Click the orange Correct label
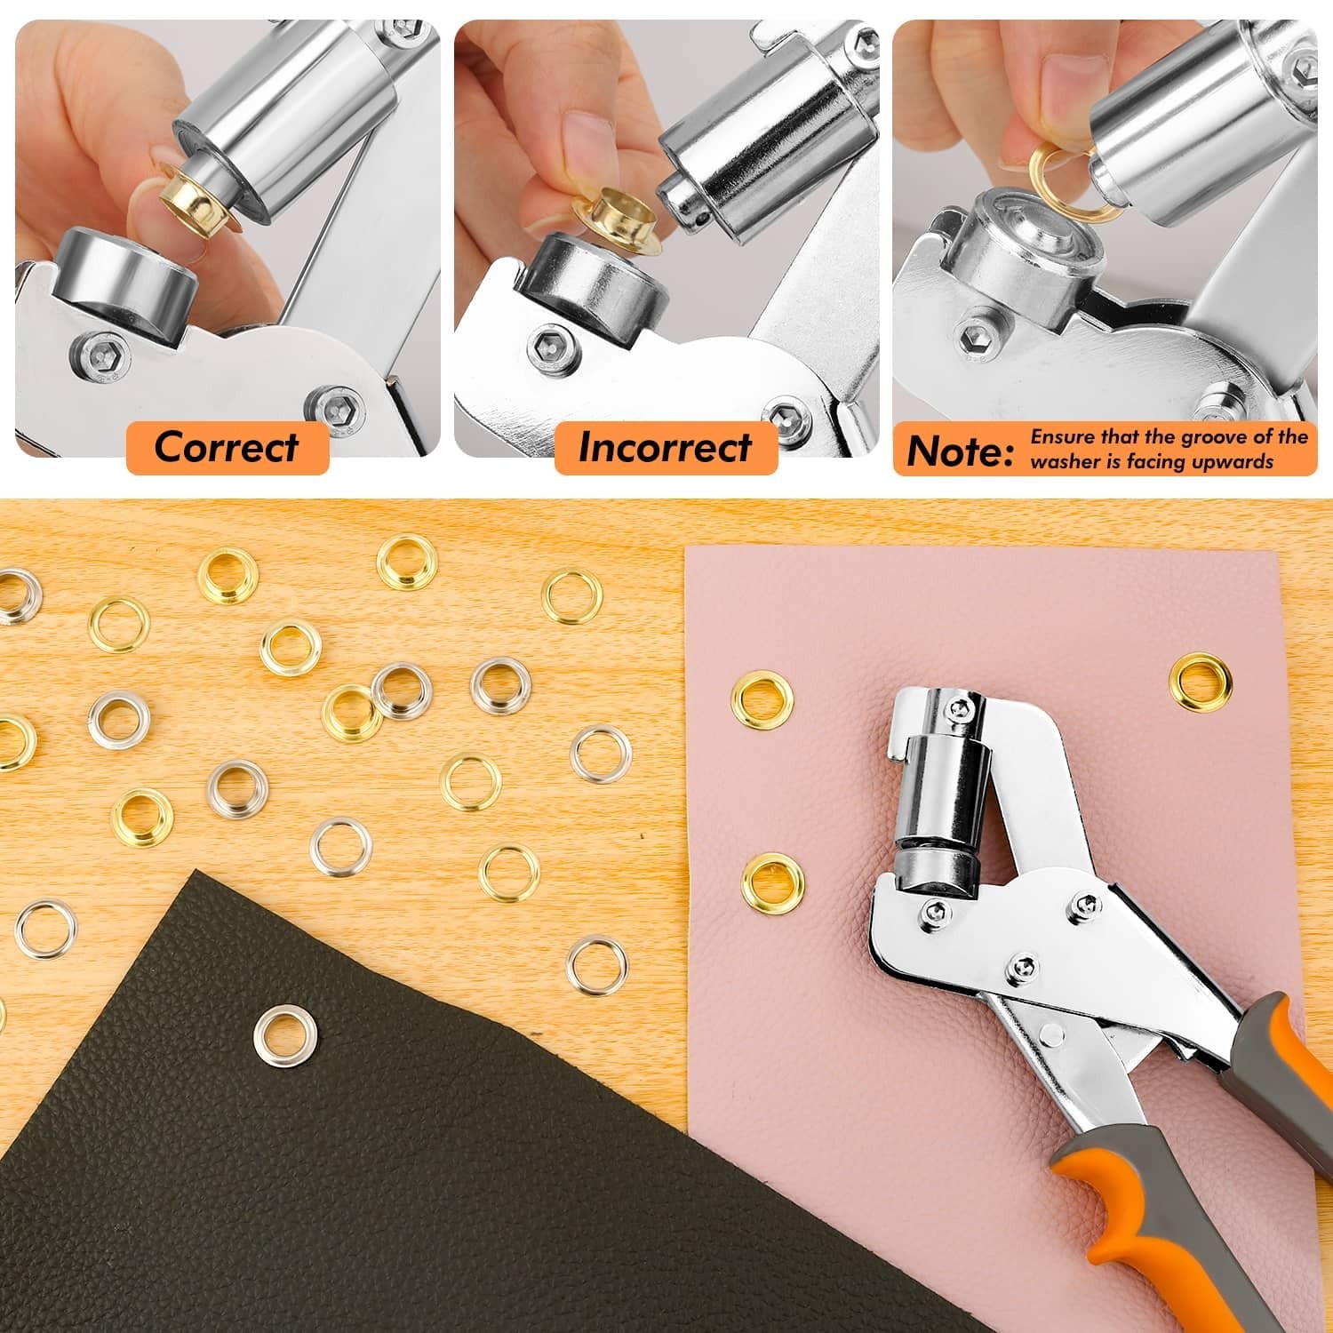point(227,447)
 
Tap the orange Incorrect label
point(665,447)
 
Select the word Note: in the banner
point(960,451)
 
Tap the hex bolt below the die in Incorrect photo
point(544,349)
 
